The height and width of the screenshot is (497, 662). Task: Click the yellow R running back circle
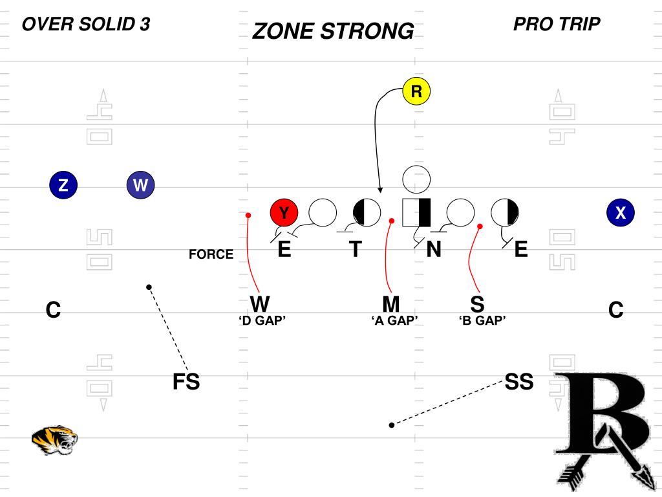(416, 92)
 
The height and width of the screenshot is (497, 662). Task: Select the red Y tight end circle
(284, 212)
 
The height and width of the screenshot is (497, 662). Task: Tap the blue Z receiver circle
(63, 186)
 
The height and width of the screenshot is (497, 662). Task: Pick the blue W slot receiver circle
(140, 186)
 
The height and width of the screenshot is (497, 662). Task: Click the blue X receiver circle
(621, 212)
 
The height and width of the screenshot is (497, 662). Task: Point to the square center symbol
(416, 212)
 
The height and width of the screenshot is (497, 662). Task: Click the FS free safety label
(186, 382)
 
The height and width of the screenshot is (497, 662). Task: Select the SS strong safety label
(519, 382)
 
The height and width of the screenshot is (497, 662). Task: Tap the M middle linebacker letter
(390, 304)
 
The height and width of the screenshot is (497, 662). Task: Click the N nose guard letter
(434, 250)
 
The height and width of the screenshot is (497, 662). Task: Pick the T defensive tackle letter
(355, 250)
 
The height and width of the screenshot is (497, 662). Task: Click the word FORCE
(211, 255)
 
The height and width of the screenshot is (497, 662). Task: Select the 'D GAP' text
(262, 321)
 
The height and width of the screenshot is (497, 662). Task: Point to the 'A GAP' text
(395, 321)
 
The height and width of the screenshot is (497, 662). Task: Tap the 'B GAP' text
(482, 321)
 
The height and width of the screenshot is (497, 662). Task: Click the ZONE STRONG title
(333, 31)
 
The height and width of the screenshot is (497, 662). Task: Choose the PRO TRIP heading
(557, 25)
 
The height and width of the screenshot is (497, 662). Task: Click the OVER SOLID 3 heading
(86, 25)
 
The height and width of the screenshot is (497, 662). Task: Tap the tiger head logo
(54, 440)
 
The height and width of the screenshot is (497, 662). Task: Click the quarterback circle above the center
(416, 179)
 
